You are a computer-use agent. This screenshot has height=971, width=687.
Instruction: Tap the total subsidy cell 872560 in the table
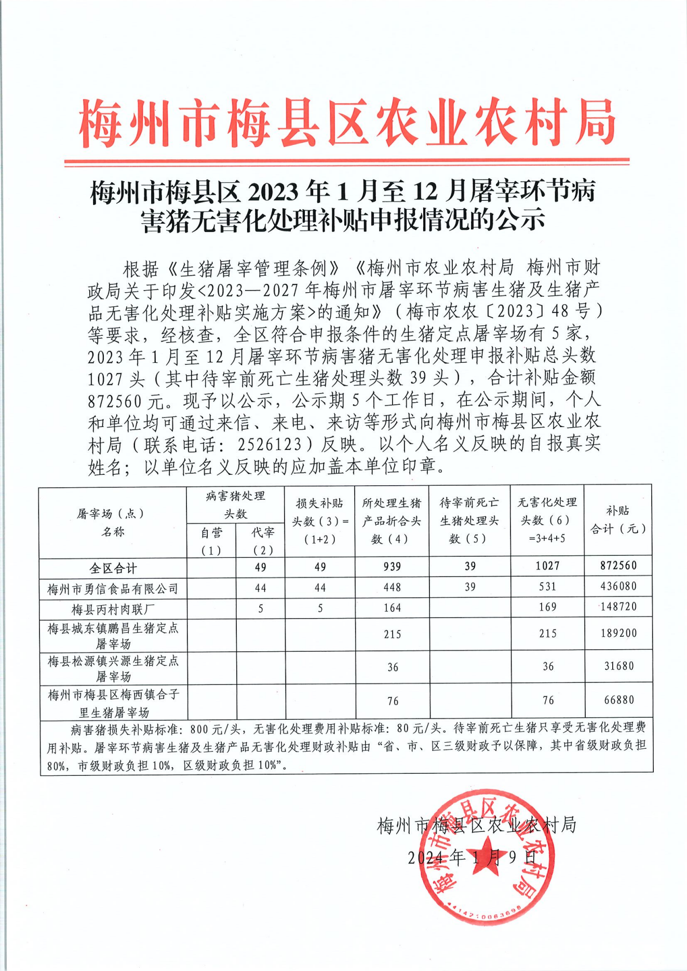click(x=618, y=566)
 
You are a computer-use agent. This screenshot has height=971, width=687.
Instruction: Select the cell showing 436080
click(x=618, y=586)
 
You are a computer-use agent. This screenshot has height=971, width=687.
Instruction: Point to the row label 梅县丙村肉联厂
click(x=113, y=609)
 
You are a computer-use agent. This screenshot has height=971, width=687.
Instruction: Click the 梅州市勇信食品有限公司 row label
click(x=113, y=589)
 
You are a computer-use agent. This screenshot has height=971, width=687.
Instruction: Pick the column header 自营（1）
click(x=211, y=541)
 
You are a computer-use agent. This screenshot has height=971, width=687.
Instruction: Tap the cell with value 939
click(x=392, y=566)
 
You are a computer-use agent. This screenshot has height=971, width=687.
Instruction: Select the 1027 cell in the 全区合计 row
click(x=547, y=566)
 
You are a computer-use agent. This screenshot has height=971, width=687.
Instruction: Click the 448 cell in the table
click(x=392, y=587)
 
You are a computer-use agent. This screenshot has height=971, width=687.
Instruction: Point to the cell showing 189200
click(x=618, y=633)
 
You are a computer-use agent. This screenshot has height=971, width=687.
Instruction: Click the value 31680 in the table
click(x=618, y=666)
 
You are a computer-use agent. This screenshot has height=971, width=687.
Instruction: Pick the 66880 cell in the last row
click(x=618, y=700)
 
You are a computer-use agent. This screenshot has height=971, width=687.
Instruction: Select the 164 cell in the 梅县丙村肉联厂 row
click(x=392, y=608)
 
